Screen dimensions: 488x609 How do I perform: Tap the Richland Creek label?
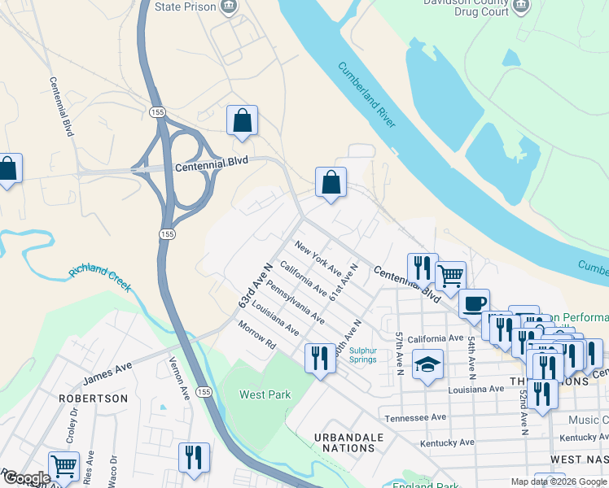coord(100,277)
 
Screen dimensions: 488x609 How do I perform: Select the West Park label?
coord(265,394)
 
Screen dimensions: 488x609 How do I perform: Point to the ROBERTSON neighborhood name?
coord(93,399)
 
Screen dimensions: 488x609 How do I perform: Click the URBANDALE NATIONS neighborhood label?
coord(348,442)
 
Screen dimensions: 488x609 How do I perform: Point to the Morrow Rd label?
coord(258,337)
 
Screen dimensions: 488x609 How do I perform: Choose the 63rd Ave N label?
coord(254,285)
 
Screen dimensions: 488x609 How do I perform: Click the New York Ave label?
coord(318,258)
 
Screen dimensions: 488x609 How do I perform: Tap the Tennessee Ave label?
coord(416,416)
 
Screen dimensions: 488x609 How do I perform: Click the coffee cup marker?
coord(474,303)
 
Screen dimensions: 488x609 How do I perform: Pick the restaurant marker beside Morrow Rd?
coord(318,359)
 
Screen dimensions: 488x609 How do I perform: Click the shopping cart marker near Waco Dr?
coord(63,466)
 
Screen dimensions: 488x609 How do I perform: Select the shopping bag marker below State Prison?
coord(242,120)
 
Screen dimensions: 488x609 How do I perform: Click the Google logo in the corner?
coord(26,478)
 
